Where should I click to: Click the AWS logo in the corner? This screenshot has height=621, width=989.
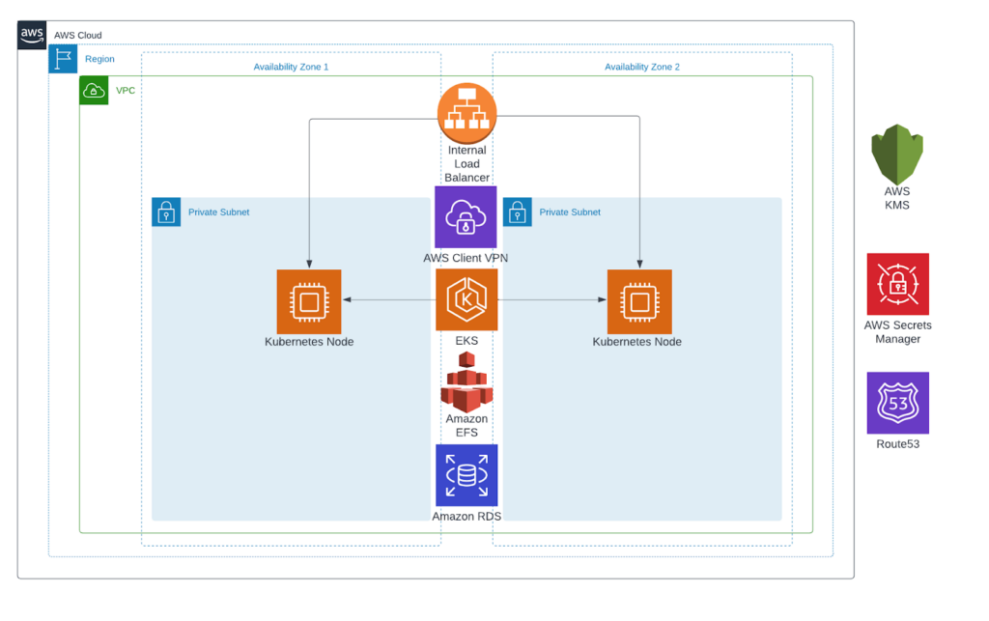32,35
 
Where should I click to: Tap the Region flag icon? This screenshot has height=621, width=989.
63,59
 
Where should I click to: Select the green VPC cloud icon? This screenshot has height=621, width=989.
94,90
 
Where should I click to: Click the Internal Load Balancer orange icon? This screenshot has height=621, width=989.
466,112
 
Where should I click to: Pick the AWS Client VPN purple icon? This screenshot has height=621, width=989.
466,217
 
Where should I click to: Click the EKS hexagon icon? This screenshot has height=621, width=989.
466,299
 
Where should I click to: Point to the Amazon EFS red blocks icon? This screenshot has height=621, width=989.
466,381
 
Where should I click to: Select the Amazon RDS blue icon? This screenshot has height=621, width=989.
466,475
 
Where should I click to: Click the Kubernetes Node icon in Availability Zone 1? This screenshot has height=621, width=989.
308,301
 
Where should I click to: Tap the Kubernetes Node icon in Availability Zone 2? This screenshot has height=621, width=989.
638,301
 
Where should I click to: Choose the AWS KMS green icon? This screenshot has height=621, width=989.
897,155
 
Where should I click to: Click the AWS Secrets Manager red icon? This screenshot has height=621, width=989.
897,285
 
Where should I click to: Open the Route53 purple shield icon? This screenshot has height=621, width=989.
897,403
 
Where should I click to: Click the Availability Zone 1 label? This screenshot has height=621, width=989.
291,67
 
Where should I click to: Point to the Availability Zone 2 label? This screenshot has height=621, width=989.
642,67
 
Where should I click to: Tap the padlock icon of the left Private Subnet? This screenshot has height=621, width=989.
166,212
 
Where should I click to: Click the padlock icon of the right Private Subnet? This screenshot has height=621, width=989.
518,212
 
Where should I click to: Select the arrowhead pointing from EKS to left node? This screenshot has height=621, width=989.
347,300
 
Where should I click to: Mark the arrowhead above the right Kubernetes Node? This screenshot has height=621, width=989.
638,263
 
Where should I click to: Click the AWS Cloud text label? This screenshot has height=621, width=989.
77,35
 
